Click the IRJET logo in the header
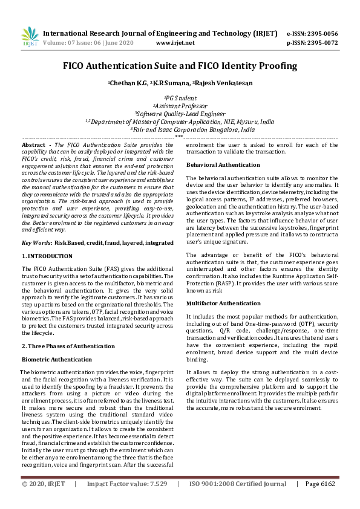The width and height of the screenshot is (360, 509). [30, 37]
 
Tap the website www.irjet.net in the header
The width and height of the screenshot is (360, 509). [175, 43]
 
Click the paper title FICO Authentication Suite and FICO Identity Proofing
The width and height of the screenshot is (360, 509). [180, 65]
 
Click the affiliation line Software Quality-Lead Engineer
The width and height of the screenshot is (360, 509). [180, 113]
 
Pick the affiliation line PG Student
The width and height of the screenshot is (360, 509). [180, 97]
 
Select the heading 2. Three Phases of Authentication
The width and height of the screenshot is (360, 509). [68, 346]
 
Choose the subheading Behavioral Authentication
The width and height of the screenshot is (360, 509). [214, 165]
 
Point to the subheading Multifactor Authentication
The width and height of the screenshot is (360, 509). [215, 303]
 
